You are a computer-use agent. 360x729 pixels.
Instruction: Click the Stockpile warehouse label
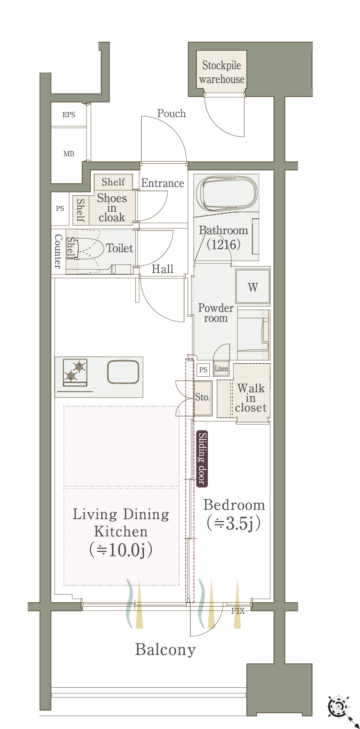222,72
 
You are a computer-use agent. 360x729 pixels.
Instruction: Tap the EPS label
69,115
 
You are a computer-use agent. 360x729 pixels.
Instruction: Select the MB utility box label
69,154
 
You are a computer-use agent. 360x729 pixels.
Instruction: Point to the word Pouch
171,113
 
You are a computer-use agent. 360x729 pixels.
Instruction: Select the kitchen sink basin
123,372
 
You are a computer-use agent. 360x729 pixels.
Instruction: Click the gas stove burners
75,372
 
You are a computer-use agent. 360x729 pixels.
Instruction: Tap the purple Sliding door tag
202,458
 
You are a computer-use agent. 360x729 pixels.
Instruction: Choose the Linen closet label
221,369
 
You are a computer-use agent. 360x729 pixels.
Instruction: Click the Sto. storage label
202,397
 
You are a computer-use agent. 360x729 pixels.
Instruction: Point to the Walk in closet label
251,398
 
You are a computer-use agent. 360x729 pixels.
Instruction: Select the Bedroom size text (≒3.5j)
234,523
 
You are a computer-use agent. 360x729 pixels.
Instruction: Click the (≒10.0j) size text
121,550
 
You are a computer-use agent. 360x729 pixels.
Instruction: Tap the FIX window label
238,611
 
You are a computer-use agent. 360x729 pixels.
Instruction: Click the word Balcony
165,650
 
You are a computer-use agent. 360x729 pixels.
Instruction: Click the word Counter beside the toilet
58,251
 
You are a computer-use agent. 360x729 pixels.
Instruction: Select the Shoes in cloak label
112,208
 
